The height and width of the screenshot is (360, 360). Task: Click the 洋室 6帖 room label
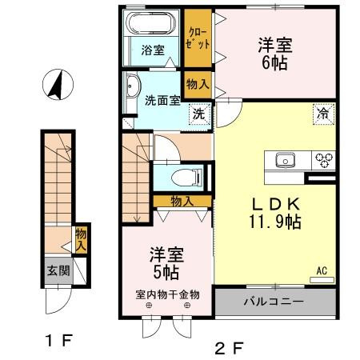coord(274,53)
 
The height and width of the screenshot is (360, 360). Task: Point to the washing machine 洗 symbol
coord(198,114)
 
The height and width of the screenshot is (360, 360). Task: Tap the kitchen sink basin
coord(286,159)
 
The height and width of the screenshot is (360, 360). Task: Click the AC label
coord(322,270)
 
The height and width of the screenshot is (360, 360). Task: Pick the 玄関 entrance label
coord(58,270)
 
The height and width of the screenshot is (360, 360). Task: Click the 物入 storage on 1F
coord(81,238)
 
